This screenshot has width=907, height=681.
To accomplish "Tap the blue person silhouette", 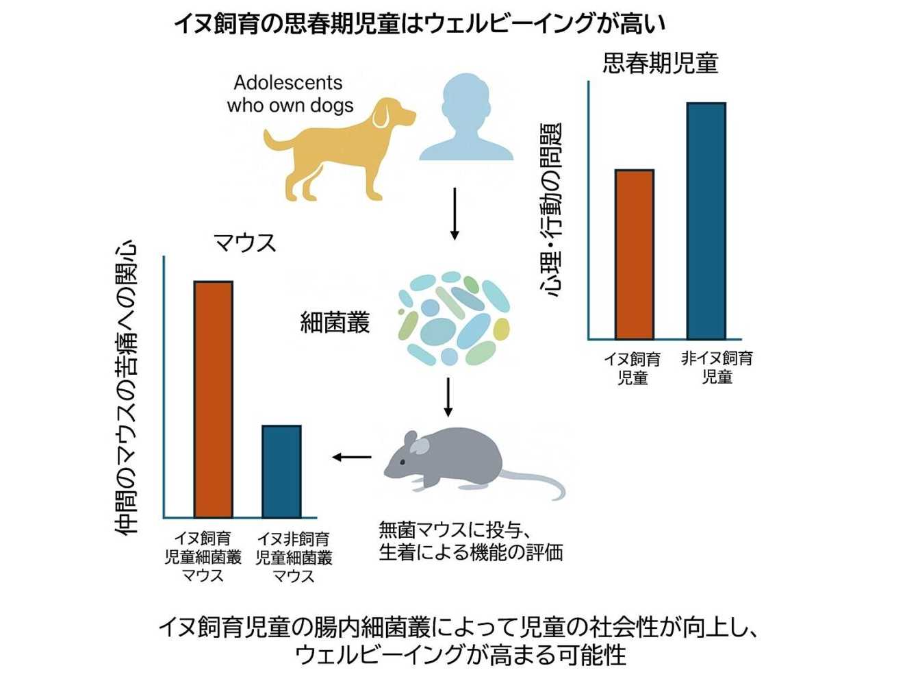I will click(466, 123).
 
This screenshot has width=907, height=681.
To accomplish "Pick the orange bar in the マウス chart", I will click(213, 399).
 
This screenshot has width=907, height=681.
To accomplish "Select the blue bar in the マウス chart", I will click(281, 471).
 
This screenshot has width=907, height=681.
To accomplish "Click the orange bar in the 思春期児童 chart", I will click(634, 254).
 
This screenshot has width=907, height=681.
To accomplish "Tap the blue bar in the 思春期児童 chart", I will click(706, 221).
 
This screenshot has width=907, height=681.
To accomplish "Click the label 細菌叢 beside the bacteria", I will click(335, 321).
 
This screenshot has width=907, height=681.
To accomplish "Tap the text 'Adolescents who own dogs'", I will click(289, 94).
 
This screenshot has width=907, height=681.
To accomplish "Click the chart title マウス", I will click(244, 243).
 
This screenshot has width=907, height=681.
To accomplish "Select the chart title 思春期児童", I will click(660, 64).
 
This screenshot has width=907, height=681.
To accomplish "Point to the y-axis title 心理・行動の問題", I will click(551, 209).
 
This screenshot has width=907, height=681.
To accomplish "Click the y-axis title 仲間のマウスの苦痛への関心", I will click(127, 387).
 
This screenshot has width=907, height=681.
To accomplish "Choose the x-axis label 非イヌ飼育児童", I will click(717, 367).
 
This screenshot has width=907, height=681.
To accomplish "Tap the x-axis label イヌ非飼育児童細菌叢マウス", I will click(294, 557).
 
